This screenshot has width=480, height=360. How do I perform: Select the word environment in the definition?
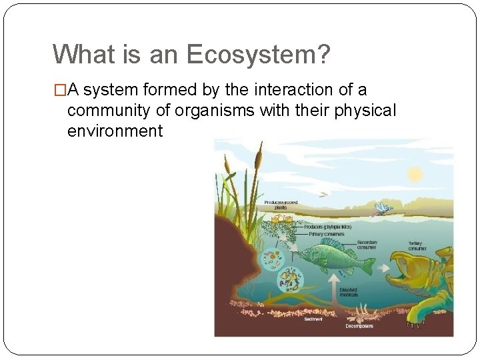point(115,131)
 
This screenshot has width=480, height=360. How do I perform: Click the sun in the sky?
point(415,175)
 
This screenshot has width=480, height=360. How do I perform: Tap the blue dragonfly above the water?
point(382,209)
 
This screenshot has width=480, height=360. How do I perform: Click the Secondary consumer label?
point(366,245)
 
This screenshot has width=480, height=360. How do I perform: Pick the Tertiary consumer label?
point(419,245)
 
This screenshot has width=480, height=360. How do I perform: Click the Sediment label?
point(313,319)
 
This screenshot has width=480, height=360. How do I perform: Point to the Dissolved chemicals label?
point(348,292)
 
